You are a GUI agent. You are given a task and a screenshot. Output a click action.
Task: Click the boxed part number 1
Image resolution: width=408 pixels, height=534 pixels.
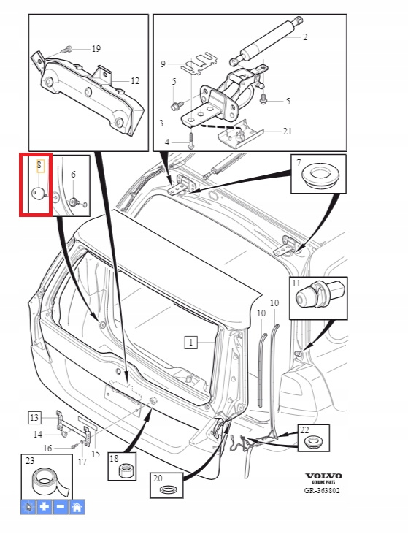click(x=190, y=343)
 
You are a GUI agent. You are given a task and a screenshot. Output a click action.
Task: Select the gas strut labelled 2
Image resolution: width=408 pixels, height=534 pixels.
click(x=266, y=40)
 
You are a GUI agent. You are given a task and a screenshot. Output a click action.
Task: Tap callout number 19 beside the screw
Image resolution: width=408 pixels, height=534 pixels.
click(x=96, y=49)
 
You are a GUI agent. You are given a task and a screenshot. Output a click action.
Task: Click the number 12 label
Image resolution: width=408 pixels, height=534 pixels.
click(x=135, y=81)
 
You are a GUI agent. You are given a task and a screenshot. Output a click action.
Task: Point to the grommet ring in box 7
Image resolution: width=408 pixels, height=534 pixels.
click(x=320, y=175)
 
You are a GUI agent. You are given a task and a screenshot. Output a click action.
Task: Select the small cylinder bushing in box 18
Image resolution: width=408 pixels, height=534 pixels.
click(x=126, y=472)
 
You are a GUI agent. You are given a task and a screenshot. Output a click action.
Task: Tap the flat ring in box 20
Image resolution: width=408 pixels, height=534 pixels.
click(x=169, y=489)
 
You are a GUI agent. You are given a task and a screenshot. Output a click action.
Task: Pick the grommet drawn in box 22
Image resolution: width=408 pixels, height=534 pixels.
click(x=313, y=442)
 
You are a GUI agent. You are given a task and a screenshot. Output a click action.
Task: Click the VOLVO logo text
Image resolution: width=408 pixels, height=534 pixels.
click(x=323, y=476)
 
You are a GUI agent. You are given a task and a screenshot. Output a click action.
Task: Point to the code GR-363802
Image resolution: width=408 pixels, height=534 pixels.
click(x=322, y=490)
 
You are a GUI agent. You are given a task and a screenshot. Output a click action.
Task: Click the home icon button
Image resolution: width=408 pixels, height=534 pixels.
click(x=77, y=507)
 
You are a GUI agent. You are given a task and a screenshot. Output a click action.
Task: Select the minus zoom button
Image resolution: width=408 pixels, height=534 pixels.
click(x=61, y=507)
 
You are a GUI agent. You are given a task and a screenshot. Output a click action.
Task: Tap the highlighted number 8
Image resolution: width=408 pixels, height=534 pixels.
click(x=39, y=166)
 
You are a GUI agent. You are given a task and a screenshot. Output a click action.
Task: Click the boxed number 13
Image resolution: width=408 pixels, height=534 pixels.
click(x=34, y=418)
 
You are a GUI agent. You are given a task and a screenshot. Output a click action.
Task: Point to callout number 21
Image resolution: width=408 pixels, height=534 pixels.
click(x=288, y=131)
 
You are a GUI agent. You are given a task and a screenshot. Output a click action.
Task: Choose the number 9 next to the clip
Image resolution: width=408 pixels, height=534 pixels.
click(x=163, y=64)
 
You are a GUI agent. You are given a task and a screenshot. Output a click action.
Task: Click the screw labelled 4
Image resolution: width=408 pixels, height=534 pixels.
click(x=190, y=140)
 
